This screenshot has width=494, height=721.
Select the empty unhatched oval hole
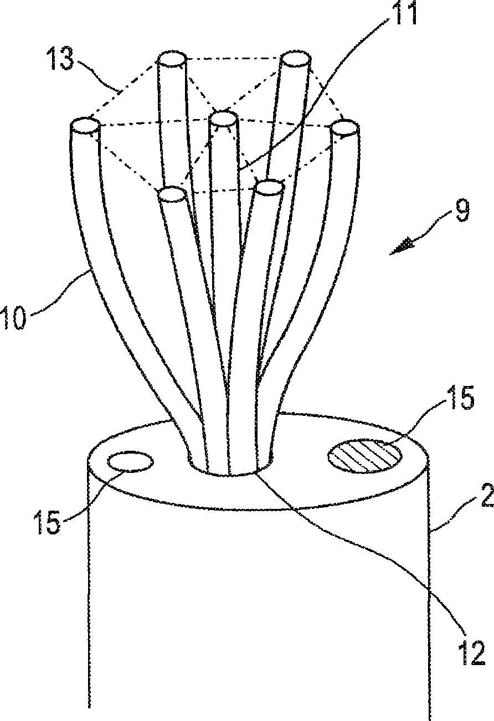(x=131, y=461)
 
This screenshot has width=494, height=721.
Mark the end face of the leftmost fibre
(x=85, y=125)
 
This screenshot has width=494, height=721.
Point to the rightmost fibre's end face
(x=344, y=128)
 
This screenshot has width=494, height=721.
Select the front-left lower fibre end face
(x=172, y=194)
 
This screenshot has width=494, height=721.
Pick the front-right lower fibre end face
(x=269, y=188)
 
